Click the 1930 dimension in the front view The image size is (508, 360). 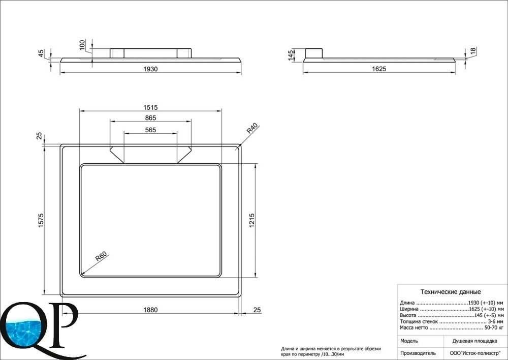(x=150, y=69)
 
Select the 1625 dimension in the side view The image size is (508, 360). (x=379, y=69)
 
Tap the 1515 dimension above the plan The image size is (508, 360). (x=150, y=107)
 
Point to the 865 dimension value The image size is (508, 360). (x=150, y=118)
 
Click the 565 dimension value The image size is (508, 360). (x=150, y=130)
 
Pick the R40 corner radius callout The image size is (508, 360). (x=252, y=129)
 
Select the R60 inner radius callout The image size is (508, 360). (x=101, y=257)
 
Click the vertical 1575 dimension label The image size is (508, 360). (x=41, y=220)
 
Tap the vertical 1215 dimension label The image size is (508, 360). (x=252, y=220)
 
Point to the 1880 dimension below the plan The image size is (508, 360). (x=150, y=310)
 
